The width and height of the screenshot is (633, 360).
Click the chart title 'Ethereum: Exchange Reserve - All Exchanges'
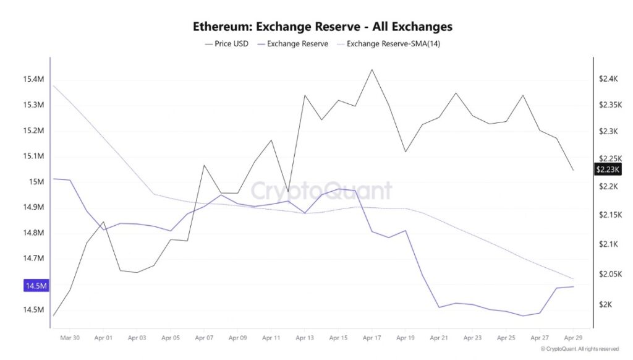(x=322, y=27)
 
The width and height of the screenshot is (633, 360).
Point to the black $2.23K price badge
(x=606, y=169)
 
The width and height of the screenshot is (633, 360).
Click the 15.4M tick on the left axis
(x=33, y=79)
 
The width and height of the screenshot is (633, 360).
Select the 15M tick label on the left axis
(x=36, y=182)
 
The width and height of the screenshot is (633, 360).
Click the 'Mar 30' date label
(x=70, y=338)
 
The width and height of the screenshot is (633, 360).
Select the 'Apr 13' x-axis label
(x=305, y=338)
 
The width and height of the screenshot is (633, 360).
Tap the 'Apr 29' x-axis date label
(x=573, y=338)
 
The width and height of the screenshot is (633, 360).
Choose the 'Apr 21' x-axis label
(x=439, y=338)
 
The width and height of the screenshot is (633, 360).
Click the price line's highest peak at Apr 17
(x=372, y=69)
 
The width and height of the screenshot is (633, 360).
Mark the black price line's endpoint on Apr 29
(x=573, y=170)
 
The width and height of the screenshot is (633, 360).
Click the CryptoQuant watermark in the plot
(x=322, y=191)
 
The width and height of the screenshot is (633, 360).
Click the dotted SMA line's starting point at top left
(x=54, y=85)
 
